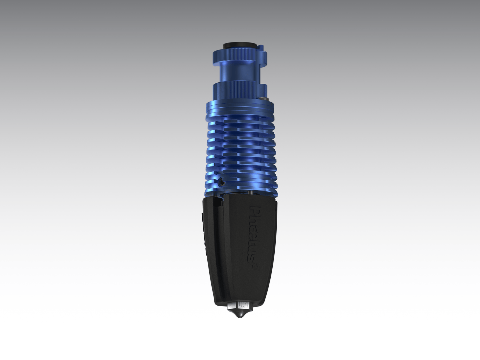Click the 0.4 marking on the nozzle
tap(243, 305)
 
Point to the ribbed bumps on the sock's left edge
tap(203, 232)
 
